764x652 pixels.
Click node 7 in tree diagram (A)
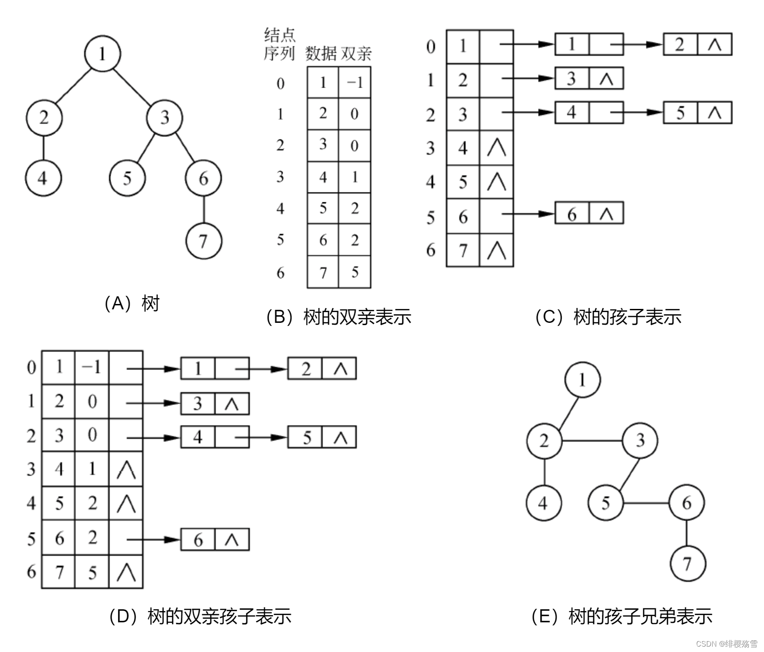[x=204, y=241]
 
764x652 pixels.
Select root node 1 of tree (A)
[x=102, y=54]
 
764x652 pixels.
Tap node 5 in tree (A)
[x=127, y=178]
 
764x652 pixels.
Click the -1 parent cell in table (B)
[x=355, y=82]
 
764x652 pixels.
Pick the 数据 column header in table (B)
[x=321, y=54]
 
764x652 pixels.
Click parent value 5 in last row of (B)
[x=355, y=272]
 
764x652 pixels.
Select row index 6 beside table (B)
[x=280, y=272]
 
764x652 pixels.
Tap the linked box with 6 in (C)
[x=572, y=214]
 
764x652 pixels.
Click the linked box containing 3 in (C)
[x=572, y=78]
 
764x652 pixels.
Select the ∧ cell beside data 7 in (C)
[x=496, y=250]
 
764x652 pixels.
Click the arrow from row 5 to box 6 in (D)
[x=153, y=539]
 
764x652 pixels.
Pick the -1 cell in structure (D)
[x=92, y=367]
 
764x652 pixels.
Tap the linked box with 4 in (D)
[x=198, y=437]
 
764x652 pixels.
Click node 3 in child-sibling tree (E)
[x=640, y=440]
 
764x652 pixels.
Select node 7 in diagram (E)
[x=687, y=563]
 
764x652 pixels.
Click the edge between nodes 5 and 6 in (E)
[x=646, y=503]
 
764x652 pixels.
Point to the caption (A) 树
[x=132, y=304]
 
